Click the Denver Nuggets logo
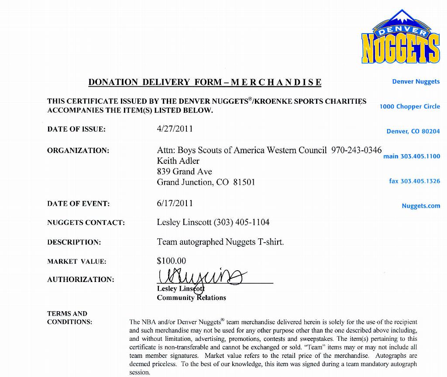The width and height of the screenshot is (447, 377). (x=400, y=37)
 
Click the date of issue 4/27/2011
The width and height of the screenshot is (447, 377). (x=175, y=129)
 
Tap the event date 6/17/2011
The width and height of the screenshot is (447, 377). (x=175, y=203)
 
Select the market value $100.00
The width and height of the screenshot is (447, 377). (x=171, y=261)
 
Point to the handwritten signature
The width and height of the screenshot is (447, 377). (x=201, y=277)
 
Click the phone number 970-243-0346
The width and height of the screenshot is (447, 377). (x=356, y=150)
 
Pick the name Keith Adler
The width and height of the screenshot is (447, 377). (x=178, y=161)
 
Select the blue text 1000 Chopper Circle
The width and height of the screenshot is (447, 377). (x=409, y=106)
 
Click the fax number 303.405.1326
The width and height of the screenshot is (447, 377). (x=414, y=181)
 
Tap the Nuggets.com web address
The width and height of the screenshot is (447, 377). (x=421, y=206)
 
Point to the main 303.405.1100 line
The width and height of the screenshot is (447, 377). (x=412, y=156)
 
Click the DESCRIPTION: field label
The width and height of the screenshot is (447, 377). (x=74, y=242)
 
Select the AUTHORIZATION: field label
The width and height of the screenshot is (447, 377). (x=80, y=279)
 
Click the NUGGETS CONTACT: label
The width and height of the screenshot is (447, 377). (x=86, y=222)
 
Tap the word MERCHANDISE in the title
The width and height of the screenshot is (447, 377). (x=276, y=82)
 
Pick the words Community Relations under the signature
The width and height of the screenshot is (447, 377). (x=191, y=298)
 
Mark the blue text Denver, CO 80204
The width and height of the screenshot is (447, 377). (x=413, y=131)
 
